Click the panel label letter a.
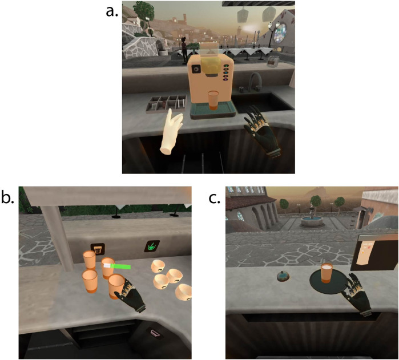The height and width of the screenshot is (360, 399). [x=112, y=11]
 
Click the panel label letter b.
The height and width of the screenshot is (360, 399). [x=7, y=197]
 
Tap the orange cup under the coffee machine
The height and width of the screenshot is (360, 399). [x=213, y=100]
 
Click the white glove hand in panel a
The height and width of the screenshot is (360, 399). [x=171, y=132]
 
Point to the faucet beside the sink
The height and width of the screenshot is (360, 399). [x=255, y=82]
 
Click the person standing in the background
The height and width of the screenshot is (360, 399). [x=184, y=50]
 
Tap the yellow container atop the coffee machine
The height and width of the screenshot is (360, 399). [x=211, y=64]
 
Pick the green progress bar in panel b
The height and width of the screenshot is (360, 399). [x=117, y=266]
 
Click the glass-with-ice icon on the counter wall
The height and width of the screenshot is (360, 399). [x=98, y=249]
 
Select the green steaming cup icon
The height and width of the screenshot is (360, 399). [x=152, y=246]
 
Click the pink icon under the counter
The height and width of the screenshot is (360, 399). [x=155, y=332]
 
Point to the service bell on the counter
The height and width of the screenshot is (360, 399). [x=283, y=276]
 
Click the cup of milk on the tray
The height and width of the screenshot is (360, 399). [x=327, y=273]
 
